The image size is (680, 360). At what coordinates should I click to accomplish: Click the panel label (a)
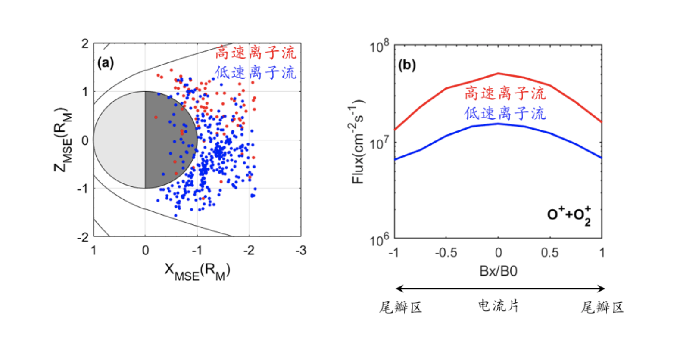click(106, 63)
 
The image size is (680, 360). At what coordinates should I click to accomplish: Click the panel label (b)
click(407, 65)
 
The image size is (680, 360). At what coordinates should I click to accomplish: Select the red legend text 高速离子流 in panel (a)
click(256, 53)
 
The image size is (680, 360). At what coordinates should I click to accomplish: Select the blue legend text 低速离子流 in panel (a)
click(256, 72)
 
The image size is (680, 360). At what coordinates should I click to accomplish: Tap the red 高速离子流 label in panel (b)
click(505, 93)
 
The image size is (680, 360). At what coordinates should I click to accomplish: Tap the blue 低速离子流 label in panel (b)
click(505, 113)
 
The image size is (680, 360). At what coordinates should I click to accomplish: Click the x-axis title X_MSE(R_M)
click(197, 271)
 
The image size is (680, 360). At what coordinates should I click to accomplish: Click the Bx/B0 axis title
click(498, 271)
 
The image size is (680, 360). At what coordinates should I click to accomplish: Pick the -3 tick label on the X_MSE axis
click(300, 251)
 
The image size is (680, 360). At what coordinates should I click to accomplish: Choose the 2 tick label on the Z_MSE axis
click(85, 43)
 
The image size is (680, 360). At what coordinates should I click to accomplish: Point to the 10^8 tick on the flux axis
click(379, 45)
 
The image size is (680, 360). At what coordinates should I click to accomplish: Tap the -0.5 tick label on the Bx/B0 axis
click(446, 252)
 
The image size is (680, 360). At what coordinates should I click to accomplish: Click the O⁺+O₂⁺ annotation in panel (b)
click(569, 215)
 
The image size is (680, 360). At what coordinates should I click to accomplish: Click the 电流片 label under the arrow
click(498, 306)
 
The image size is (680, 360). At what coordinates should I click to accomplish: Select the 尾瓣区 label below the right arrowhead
click(602, 307)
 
